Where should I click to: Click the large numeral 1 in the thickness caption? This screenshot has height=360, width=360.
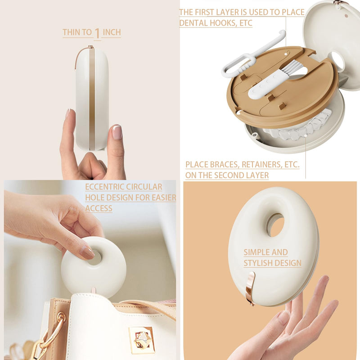coord(97,33)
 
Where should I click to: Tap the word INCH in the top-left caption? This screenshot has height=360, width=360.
coord(112,32)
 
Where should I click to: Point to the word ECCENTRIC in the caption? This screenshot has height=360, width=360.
coord(104,187)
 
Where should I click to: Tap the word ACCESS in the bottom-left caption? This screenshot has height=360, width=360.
coord(99,208)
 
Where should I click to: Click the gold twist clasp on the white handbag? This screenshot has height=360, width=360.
coord(141,340)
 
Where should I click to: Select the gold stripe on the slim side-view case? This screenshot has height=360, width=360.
coord(92,99)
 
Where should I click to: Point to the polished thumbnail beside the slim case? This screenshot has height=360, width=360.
coord(117,132)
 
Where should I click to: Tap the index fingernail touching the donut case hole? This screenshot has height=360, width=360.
coord(87,252)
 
